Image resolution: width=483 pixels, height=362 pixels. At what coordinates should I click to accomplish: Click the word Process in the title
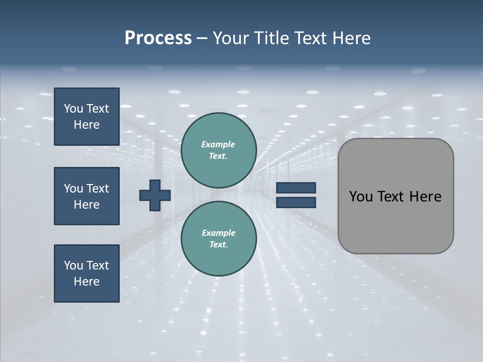click(x=158, y=38)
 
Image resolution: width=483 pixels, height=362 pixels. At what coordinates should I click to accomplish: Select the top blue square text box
click(x=87, y=117)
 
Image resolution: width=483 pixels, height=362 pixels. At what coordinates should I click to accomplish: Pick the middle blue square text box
click(x=87, y=196)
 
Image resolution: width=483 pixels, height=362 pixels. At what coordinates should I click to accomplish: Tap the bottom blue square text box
click(x=87, y=274)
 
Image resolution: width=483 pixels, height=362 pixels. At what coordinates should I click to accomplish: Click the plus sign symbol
click(x=155, y=196)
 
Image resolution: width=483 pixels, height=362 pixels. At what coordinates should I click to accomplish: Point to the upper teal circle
click(x=218, y=150)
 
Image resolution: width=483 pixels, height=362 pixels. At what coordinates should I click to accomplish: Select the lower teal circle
click(x=218, y=238)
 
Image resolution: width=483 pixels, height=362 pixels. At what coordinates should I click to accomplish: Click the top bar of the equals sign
click(x=296, y=188)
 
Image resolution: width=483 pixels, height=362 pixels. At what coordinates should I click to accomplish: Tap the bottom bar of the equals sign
click(x=296, y=203)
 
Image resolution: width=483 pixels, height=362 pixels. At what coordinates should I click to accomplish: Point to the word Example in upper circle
click(x=218, y=144)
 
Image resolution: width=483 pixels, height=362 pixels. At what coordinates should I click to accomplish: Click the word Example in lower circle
click(x=218, y=233)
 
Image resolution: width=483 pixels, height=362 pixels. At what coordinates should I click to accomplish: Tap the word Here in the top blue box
click(x=87, y=125)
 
